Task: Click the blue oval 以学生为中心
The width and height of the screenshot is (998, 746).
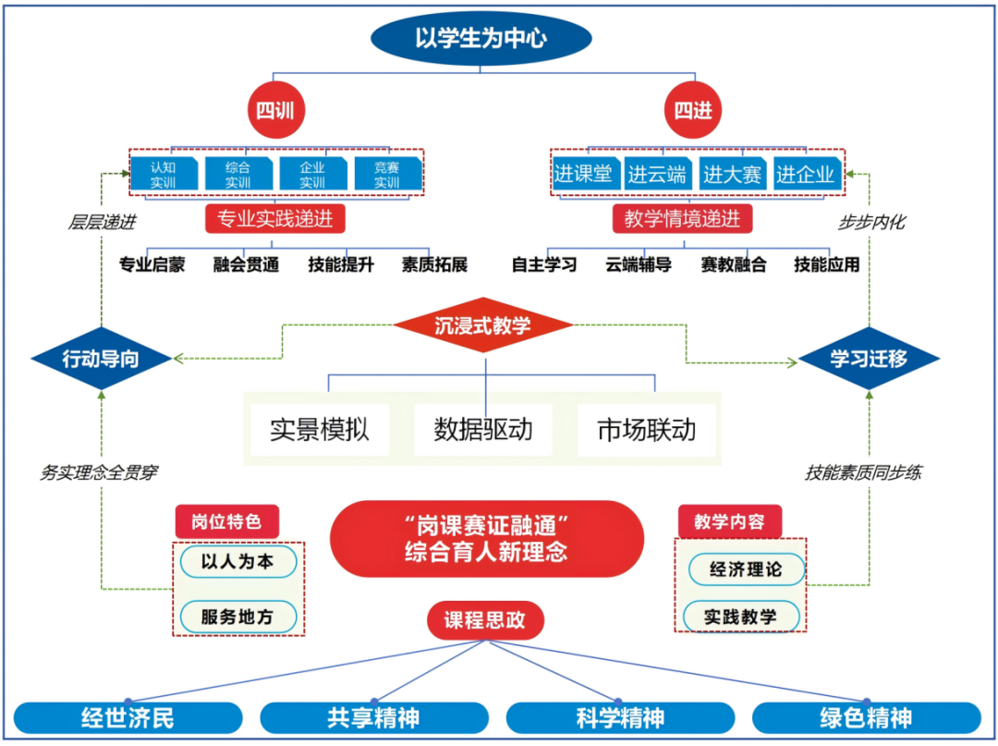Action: (x=481, y=39)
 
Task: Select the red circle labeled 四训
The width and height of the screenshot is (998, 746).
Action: (x=274, y=112)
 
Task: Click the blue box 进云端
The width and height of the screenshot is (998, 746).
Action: (x=657, y=174)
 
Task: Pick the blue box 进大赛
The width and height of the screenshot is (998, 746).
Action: (x=732, y=174)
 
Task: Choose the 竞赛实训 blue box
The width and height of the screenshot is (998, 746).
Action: (x=387, y=174)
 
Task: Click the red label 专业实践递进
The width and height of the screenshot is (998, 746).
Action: (x=274, y=220)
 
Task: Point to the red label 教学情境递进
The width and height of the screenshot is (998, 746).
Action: (x=682, y=220)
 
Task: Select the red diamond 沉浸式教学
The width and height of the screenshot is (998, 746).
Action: (x=482, y=325)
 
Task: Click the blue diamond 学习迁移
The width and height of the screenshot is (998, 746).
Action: (x=869, y=359)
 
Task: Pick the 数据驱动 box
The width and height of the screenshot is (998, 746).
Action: (x=483, y=430)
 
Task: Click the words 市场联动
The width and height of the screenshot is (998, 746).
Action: (x=647, y=430)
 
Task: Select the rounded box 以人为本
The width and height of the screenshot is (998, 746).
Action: (x=238, y=561)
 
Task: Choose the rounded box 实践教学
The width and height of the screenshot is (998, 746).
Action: (x=741, y=617)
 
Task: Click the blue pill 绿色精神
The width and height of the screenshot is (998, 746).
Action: (x=866, y=718)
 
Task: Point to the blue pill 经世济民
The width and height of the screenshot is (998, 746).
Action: (x=128, y=718)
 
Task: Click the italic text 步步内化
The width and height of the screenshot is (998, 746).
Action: (x=871, y=222)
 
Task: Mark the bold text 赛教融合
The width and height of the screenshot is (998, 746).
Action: (x=733, y=264)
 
